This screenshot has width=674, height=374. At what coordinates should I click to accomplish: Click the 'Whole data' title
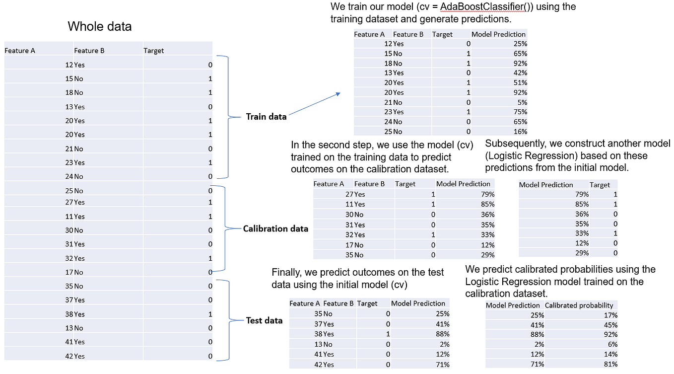click(99, 26)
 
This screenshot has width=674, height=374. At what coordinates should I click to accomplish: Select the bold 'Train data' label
click(266, 117)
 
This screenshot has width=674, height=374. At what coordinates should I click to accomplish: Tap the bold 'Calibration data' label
click(275, 228)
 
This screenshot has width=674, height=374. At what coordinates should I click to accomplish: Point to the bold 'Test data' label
click(264, 320)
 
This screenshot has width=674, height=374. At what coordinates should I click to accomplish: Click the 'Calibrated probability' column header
click(579, 305)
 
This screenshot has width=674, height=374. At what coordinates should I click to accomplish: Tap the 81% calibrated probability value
click(610, 364)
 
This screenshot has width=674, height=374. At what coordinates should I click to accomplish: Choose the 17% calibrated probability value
click(610, 315)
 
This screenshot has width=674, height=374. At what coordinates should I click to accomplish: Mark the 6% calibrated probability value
click(612, 345)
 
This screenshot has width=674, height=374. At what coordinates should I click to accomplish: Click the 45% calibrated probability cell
click(610, 325)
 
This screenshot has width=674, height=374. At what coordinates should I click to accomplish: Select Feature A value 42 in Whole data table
click(69, 356)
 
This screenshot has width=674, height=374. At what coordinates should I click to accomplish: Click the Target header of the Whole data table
click(153, 51)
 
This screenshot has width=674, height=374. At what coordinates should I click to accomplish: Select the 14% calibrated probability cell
click(610, 354)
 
